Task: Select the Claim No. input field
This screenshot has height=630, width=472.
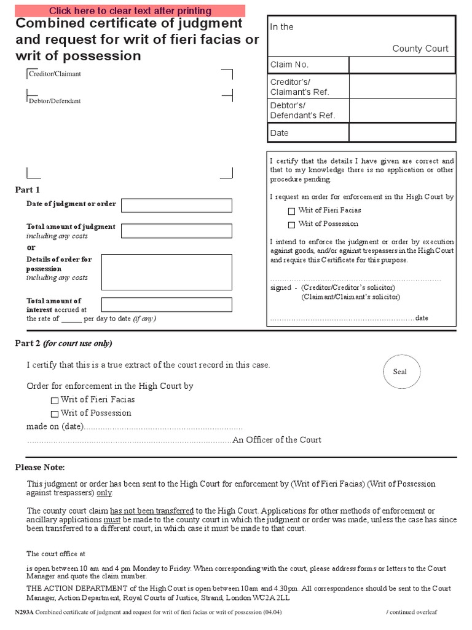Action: pyautogui.click(x=402, y=65)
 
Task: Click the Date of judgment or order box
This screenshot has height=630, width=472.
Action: pyautogui.click(x=176, y=205)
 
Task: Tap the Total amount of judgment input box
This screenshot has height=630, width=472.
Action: pyautogui.click(x=176, y=231)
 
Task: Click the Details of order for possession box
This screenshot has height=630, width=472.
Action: pyautogui.click(x=167, y=272)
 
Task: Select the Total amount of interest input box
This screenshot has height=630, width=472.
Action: pyautogui.click(x=167, y=305)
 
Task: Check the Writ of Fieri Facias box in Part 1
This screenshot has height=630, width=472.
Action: pyautogui.click(x=291, y=211)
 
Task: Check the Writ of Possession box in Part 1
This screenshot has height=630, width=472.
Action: pyautogui.click(x=291, y=225)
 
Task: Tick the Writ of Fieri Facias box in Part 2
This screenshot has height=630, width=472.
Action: pyautogui.click(x=55, y=401)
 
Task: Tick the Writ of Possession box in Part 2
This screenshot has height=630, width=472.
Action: pyautogui.click(x=55, y=414)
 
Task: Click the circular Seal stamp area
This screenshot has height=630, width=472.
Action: pyautogui.click(x=399, y=372)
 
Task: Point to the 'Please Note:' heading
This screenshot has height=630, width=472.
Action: pyautogui.click(x=40, y=468)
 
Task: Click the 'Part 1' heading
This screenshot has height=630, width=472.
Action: pyautogui.click(x=28, y=189)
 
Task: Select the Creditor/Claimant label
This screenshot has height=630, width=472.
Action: pyautogui.click(x=55, y=74)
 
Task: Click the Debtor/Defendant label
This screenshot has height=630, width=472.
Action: pyautogui.click(x=54, y=101)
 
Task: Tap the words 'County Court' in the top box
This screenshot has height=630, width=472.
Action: pyautogui.click(x=420, y=49)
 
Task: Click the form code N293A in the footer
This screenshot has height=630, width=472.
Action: pyautogui.click(x=25, y=613)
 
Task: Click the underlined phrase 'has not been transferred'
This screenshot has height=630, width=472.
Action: pyautogui.click(x=152, y=511)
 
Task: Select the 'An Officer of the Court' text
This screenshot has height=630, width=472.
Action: pyautogui.click(x=277, y=440)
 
